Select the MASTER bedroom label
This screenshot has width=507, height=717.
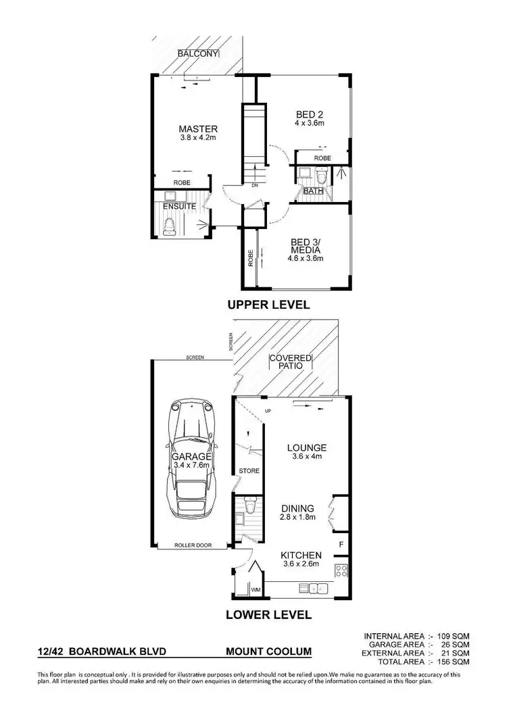197,129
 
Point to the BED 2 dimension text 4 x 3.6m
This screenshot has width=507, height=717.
310,124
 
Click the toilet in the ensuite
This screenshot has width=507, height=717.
170,226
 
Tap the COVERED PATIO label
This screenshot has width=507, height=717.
290,362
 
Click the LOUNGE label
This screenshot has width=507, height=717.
306,447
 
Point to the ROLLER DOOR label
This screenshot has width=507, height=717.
190,544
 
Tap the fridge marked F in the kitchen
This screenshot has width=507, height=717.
341,545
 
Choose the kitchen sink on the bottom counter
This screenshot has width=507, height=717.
315,589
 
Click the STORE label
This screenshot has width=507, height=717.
249,470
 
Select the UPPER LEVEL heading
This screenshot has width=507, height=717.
268,305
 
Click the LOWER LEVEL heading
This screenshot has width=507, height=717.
269,615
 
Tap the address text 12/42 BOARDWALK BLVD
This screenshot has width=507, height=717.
101,652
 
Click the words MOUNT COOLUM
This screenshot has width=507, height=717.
268,652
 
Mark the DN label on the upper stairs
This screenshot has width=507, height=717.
254,184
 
